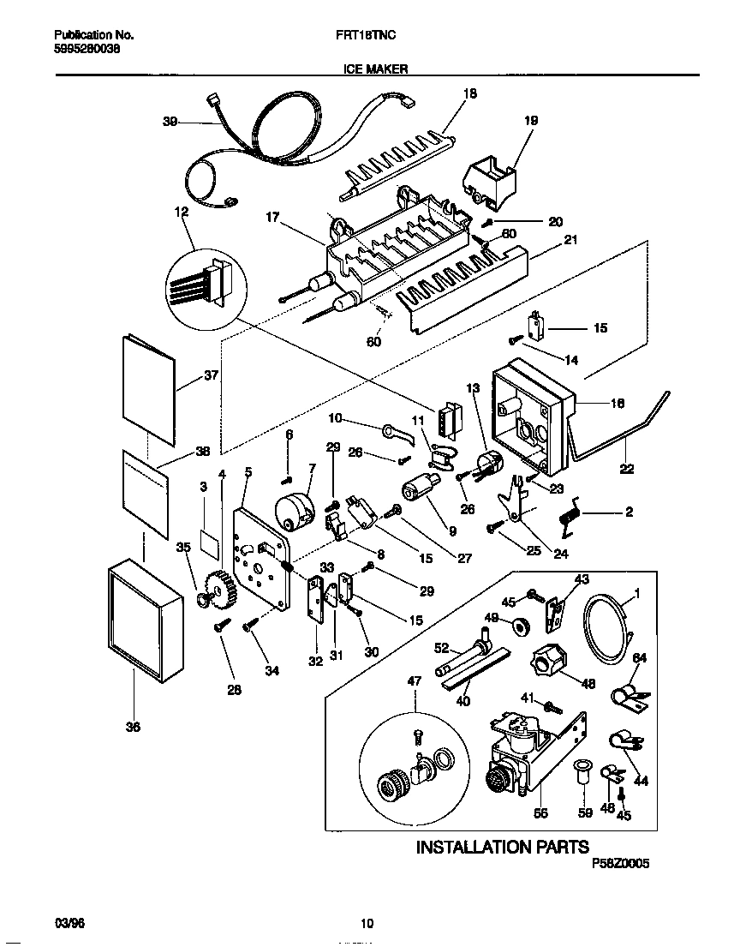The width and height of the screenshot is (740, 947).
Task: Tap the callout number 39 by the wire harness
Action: [170, 123]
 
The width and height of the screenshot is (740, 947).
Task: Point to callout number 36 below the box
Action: [132, 728]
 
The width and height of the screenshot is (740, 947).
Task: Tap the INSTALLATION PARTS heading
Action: [502, 847]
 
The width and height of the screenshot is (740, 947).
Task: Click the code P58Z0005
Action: [620, 866]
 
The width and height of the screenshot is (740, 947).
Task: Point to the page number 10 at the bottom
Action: [367, 924]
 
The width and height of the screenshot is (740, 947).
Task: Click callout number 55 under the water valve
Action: [541, 813]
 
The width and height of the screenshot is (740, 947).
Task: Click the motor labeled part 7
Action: [293, 512]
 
